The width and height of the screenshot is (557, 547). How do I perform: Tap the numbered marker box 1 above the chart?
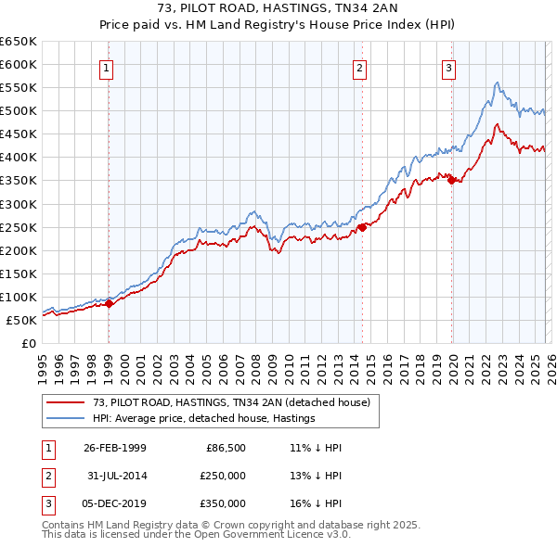(x=107, y=67)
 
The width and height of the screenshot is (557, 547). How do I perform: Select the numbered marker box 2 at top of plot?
(x=359, y=67)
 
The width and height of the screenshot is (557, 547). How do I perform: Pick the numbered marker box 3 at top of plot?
(x=448, y=67)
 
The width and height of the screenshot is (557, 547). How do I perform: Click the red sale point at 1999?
(x=110, y=302)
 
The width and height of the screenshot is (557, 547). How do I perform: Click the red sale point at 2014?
(x=362, y=226)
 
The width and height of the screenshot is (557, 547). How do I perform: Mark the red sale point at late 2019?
(x=451, y=180)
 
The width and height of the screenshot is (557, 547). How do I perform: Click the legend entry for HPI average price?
(x=203, y=418)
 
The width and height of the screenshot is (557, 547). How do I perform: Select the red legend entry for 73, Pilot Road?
(x=231, y=402)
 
